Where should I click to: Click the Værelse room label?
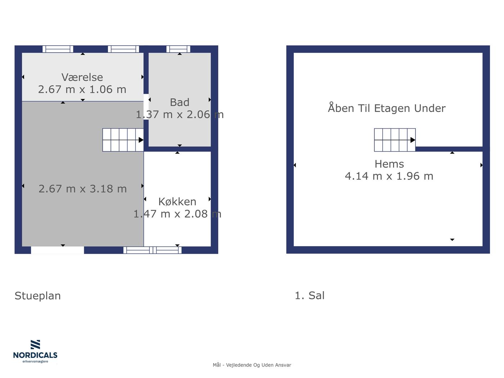(82, 77)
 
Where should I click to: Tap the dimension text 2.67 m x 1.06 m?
(82, 89)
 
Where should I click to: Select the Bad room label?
(180, 102)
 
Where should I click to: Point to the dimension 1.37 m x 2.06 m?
(180, 114)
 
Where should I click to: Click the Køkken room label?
(177, 202)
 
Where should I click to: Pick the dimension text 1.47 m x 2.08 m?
(177, 214)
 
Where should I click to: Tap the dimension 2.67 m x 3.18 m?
(82, 189)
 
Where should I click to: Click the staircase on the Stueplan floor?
(123, 140)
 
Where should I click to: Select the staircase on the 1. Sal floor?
(395, 140)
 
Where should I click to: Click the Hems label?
(389, 164)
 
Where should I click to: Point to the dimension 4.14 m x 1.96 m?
(389, 176)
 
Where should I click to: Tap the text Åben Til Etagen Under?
(387, 108)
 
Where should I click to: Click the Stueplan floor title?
(38, 296)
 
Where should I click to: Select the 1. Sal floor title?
(310, 295)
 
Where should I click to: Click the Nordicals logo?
(35, 351)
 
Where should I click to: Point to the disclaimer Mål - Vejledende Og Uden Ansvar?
(252, 365)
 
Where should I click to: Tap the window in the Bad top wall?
(178, 49)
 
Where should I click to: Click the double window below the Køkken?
(153, 250)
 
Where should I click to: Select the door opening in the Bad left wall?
(146, 107)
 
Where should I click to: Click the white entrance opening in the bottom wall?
(57, 250)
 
